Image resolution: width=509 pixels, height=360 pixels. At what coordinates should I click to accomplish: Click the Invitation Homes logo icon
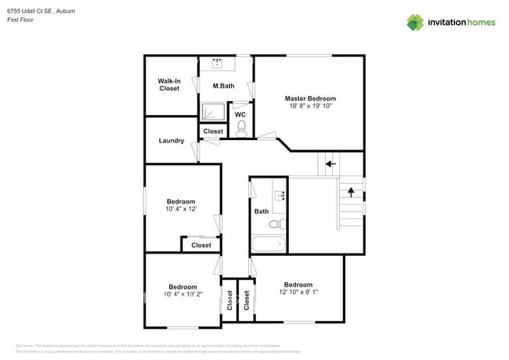pyautogui.click(x=415, y=22)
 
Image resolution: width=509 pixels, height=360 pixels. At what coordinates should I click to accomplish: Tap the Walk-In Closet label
pyautogui.click(x=169, y=85)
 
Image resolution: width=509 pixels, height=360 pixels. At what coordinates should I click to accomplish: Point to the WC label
pyautogui.click(x=240, y=114)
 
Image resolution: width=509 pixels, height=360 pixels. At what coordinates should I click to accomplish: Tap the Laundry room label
pyautogui.click(x=171, y=141)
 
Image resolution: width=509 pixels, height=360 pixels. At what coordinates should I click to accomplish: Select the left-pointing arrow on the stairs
pyautogui.click(x=330, y=164)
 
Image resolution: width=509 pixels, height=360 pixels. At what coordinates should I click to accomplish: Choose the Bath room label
pyautogui.click(x=262, y=211)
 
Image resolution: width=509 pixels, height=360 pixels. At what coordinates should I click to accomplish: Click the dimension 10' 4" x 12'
pyautogui.click(x=180, y=209)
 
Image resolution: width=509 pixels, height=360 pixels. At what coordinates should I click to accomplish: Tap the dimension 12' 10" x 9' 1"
pyautogui.click(x=298, y=293)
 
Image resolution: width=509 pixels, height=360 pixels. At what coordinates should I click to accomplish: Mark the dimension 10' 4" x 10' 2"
pyautogui.click(x=182, y=294)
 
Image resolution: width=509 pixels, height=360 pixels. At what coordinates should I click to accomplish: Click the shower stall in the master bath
pyautogui.click(x=211, y=113)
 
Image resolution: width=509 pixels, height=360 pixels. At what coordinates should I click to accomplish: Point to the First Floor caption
pyautogui.click(x=21, y=20)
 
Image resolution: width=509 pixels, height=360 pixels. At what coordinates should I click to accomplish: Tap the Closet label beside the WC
pyautogui.click(x=213, y=131)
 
